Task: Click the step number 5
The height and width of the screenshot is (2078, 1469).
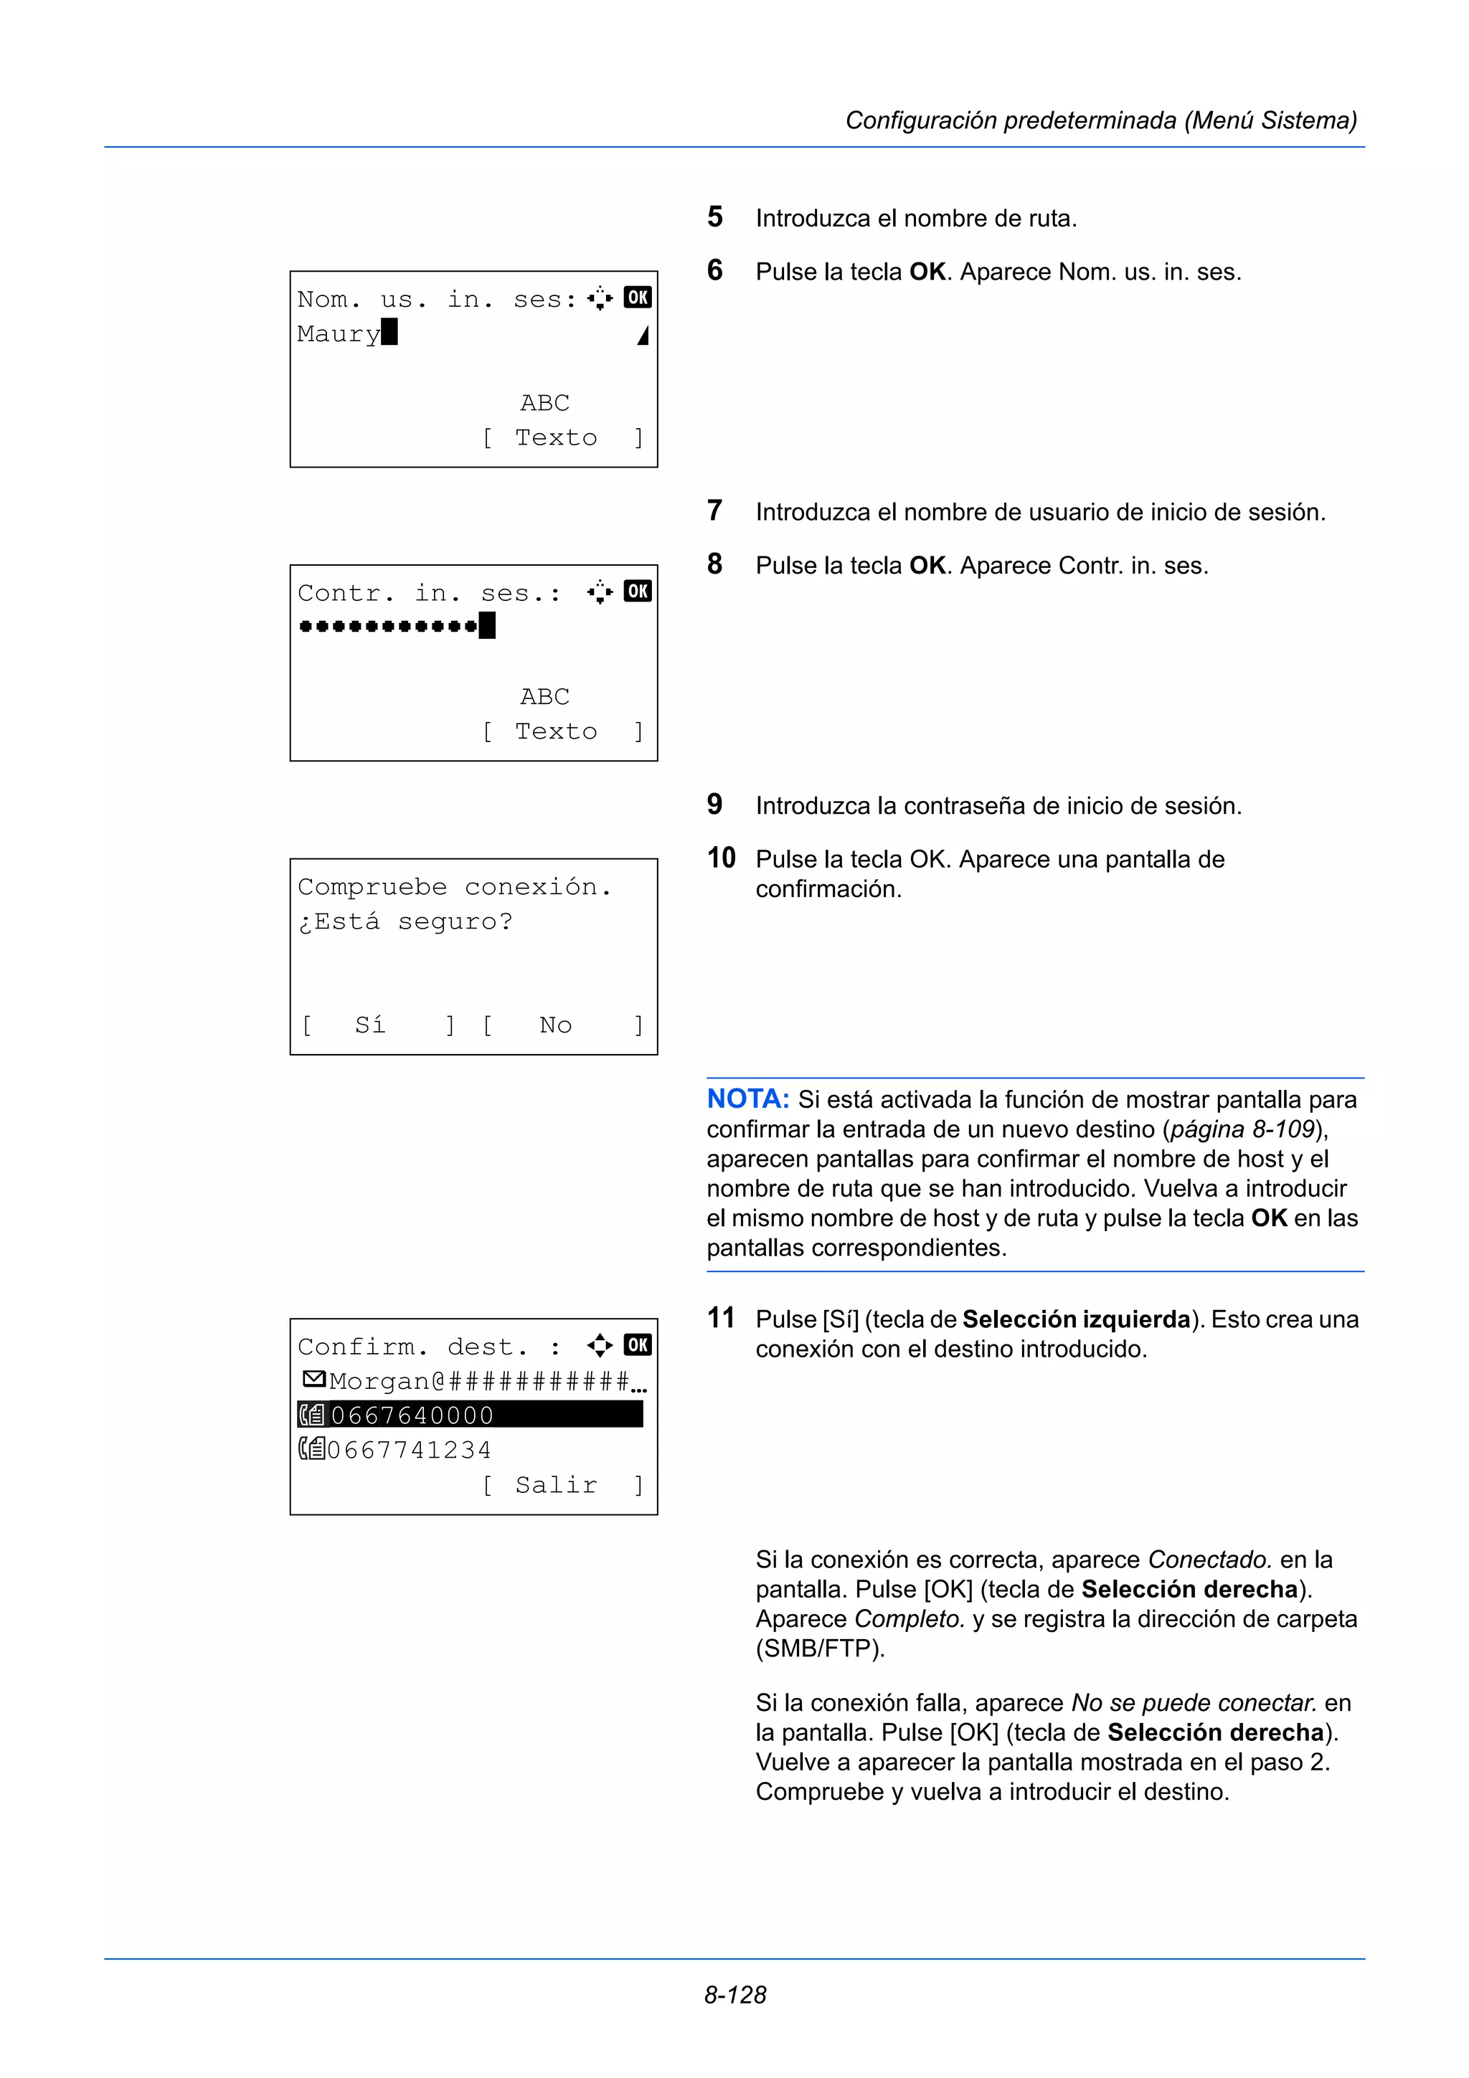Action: [x=715, y=217]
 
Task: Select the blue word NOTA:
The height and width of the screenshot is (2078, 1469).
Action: [x=747, y=1099]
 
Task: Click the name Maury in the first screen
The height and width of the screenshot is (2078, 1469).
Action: [x=339, y=334]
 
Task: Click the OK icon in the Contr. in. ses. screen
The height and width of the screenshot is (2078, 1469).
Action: [x=637, y=591]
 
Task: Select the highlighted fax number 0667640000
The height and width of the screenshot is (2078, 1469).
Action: [x=412, y=1415]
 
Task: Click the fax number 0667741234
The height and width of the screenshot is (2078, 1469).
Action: [x=409, y=1450]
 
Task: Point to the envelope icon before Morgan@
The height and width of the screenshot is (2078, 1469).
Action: [x=313, y=1380]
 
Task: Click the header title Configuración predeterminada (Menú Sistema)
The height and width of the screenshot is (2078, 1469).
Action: [x=1100, y=120]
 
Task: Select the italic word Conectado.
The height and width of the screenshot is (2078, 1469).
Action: [x=1209, y=1560]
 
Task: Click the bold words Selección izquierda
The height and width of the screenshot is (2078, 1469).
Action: [x=1075, y=1319]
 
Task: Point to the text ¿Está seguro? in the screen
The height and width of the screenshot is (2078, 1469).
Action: [x=405, y=921]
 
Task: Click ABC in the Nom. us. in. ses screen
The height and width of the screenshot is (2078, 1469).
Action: [x=545, y=403]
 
